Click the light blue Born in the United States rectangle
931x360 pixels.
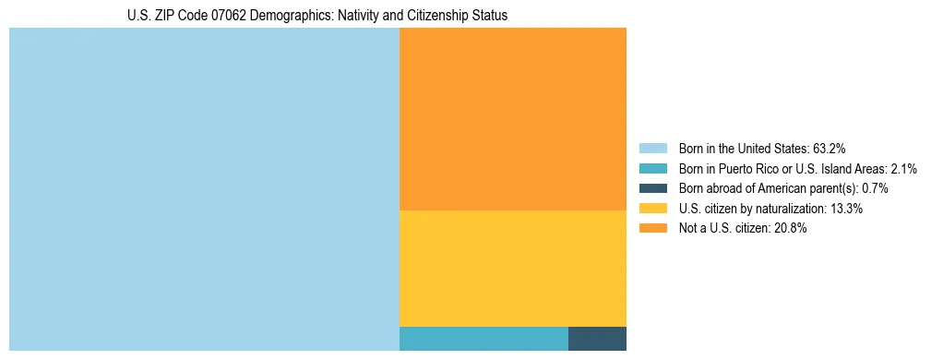[204, 189]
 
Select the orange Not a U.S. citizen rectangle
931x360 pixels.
[512, 119]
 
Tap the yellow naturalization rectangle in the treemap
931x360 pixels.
[512, 269]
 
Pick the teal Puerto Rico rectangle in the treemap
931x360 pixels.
[483, 339]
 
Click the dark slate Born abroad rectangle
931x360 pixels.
[597, 339]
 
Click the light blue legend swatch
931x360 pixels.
[652, 148]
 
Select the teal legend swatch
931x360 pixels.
[652, 168]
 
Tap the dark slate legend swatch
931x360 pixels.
[652, 188]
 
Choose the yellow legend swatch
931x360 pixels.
[652, 209]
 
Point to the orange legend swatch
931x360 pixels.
[652, 229]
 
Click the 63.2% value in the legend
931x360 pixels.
[830, 148]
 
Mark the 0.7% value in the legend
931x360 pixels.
[875, 188]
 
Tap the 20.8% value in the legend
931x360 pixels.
[791, 229]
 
